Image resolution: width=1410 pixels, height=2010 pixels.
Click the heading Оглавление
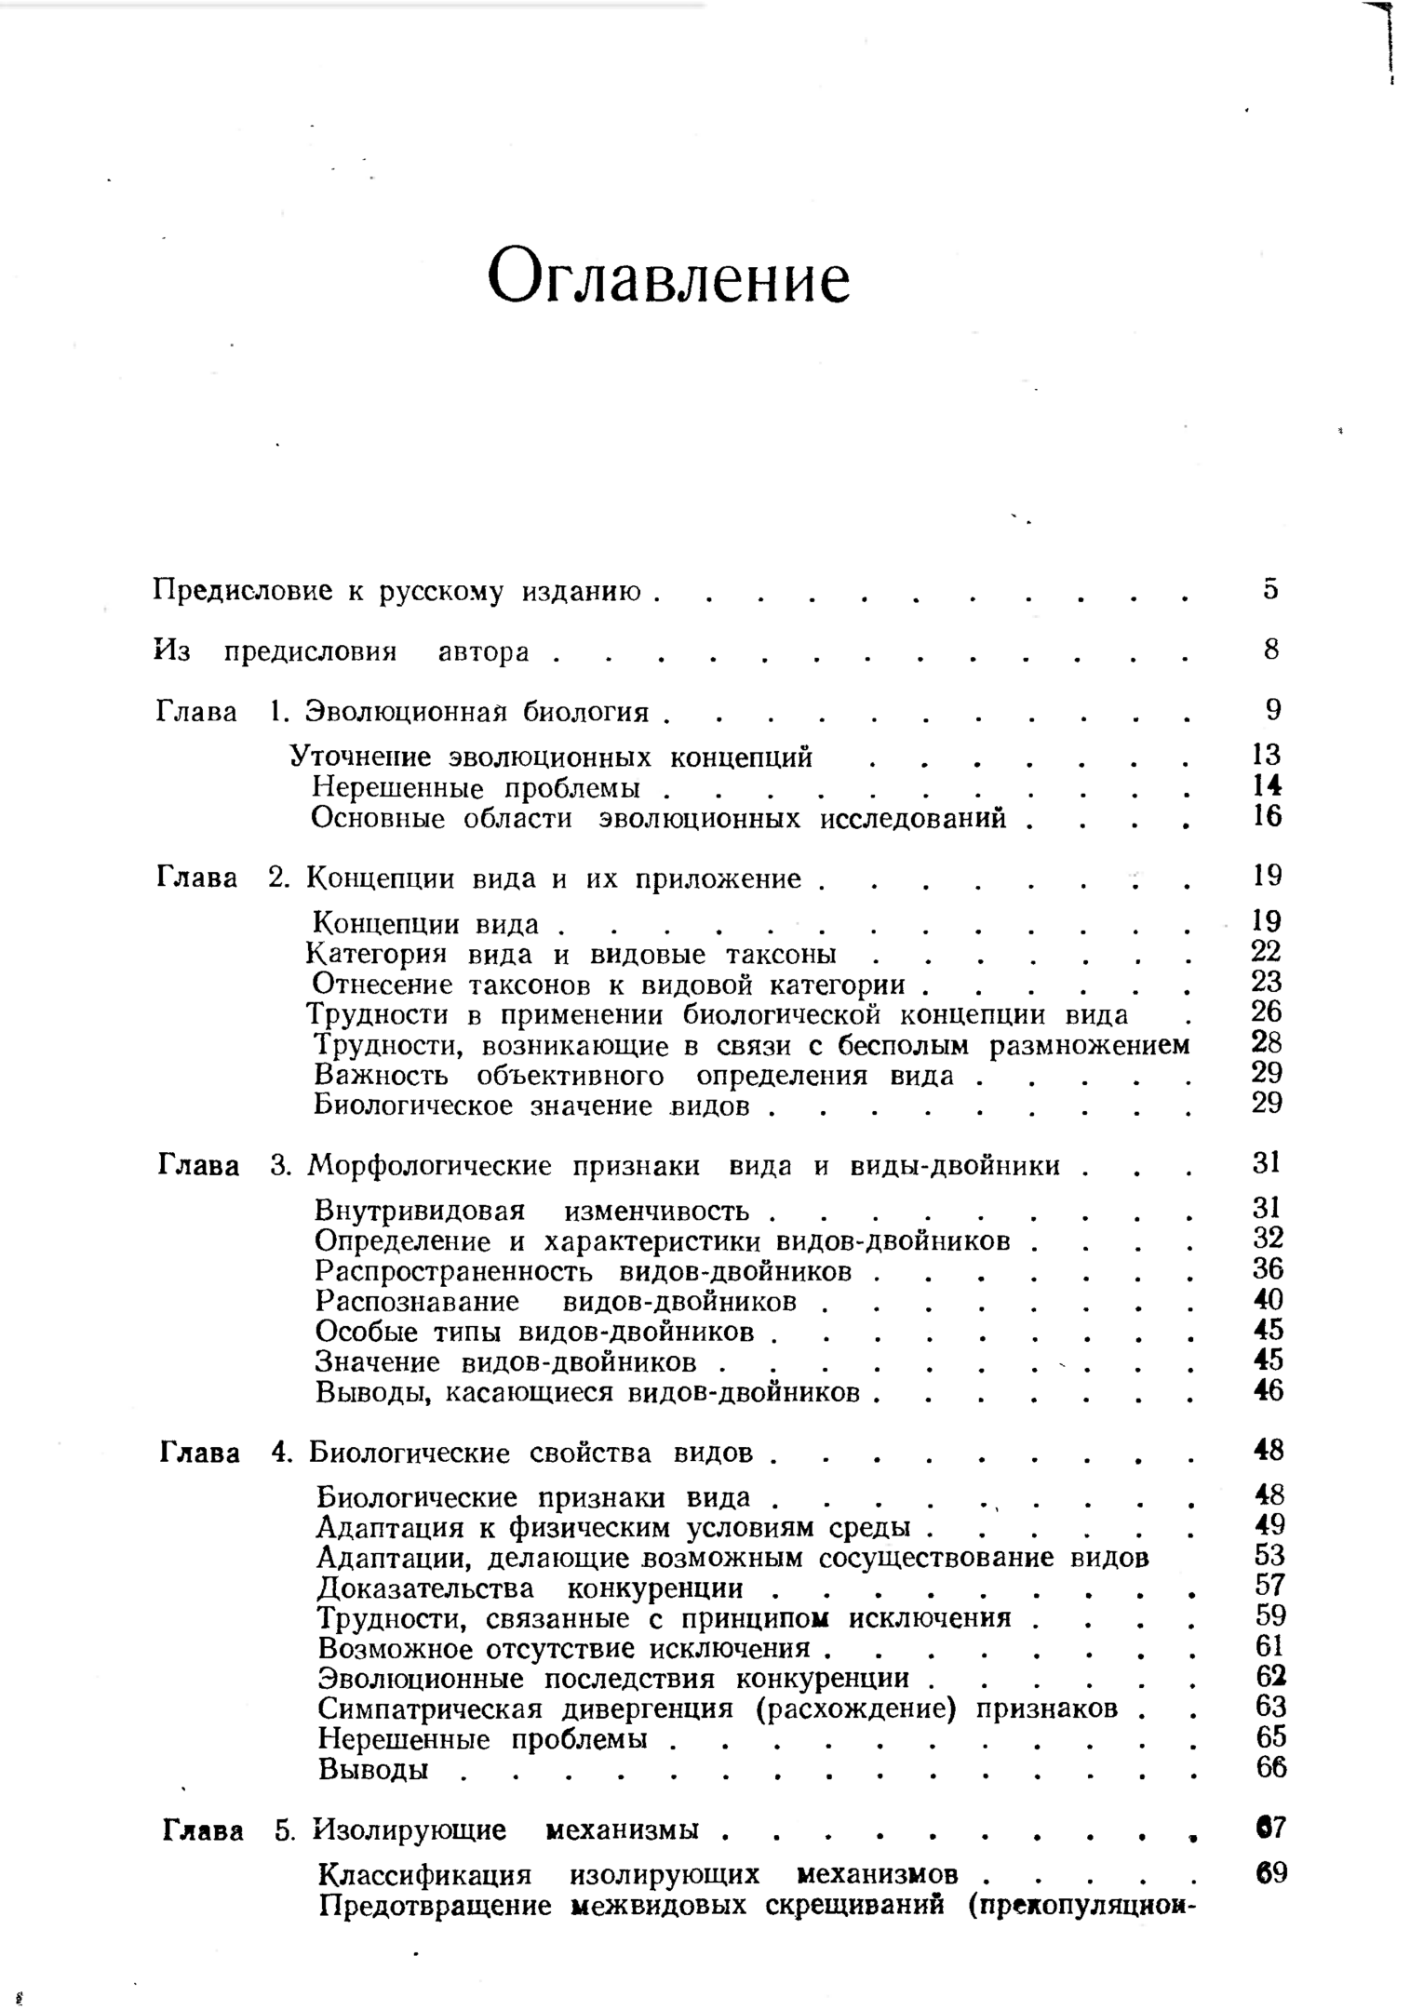668,276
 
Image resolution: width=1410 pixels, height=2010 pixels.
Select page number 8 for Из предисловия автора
1271,649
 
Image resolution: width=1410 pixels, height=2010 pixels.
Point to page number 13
1267,754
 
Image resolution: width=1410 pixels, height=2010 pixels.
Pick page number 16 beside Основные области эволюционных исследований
1267,816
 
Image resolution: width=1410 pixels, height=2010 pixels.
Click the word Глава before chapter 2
196,878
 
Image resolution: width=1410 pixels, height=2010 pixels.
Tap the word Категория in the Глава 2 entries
376,954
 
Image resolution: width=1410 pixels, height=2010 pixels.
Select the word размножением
1089,1045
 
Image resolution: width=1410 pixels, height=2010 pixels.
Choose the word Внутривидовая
420,1211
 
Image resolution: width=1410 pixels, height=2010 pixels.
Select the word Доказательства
425,1588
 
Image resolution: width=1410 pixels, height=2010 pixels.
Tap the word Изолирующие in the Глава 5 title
410,1830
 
